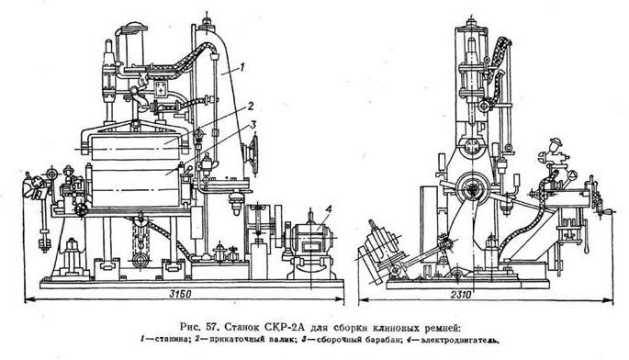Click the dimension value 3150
178,294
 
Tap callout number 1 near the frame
241,67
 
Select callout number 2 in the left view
250,107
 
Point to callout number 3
253,125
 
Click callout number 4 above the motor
328,209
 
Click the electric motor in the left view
311,249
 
